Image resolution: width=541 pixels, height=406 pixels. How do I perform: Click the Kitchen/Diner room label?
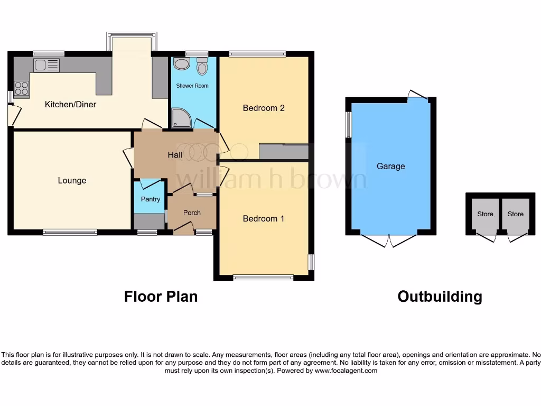pyautogui.click(x=70, y=105)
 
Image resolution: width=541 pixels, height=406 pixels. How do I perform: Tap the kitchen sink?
pyautogui.click(x=46, y=66)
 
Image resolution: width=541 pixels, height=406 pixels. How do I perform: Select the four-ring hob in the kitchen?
pyautogui.click(x=21, y=89)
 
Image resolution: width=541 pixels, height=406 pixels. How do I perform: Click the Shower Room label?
pyautogui.click(x=192, y=86)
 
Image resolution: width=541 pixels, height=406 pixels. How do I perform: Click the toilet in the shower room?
pyautogui.click(x=202, y=68)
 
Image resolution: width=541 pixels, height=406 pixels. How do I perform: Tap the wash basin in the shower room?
pyautogui.click(x=181, y=64)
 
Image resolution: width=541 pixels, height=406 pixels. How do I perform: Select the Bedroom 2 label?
pyautogui.click(x=264, y=108)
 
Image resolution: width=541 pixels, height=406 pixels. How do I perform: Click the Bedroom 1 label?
pyautogui.click(x=264, y=218)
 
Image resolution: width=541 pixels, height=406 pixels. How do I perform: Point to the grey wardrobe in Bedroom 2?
pyautogui.click(x=283, y=152)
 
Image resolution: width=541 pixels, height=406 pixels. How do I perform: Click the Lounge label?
pyautogui.click(x=72, y=181)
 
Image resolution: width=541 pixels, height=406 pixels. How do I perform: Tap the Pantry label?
pyautogui.click(x=150, y=199)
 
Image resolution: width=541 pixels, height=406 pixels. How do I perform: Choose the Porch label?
pyautogui.click(x=192, y=213)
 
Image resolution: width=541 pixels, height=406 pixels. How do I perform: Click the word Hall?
pyautogui.click(x=175, y=155)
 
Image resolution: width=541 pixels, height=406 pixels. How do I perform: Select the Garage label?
pyautogui.click(x=390, y=166)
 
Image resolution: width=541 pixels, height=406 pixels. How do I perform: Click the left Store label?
pyautogui.click(x=485, y=214)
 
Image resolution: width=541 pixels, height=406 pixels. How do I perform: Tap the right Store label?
pyautogui.click(x=515, y=214)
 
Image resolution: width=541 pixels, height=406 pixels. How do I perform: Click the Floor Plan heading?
pyautogui.click(x=161, y=297)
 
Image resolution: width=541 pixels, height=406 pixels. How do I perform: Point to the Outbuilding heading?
pyautogui.click(x=440, y=297)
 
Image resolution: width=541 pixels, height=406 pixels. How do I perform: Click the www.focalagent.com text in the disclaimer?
pyautogui.click(x=346, y=371)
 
